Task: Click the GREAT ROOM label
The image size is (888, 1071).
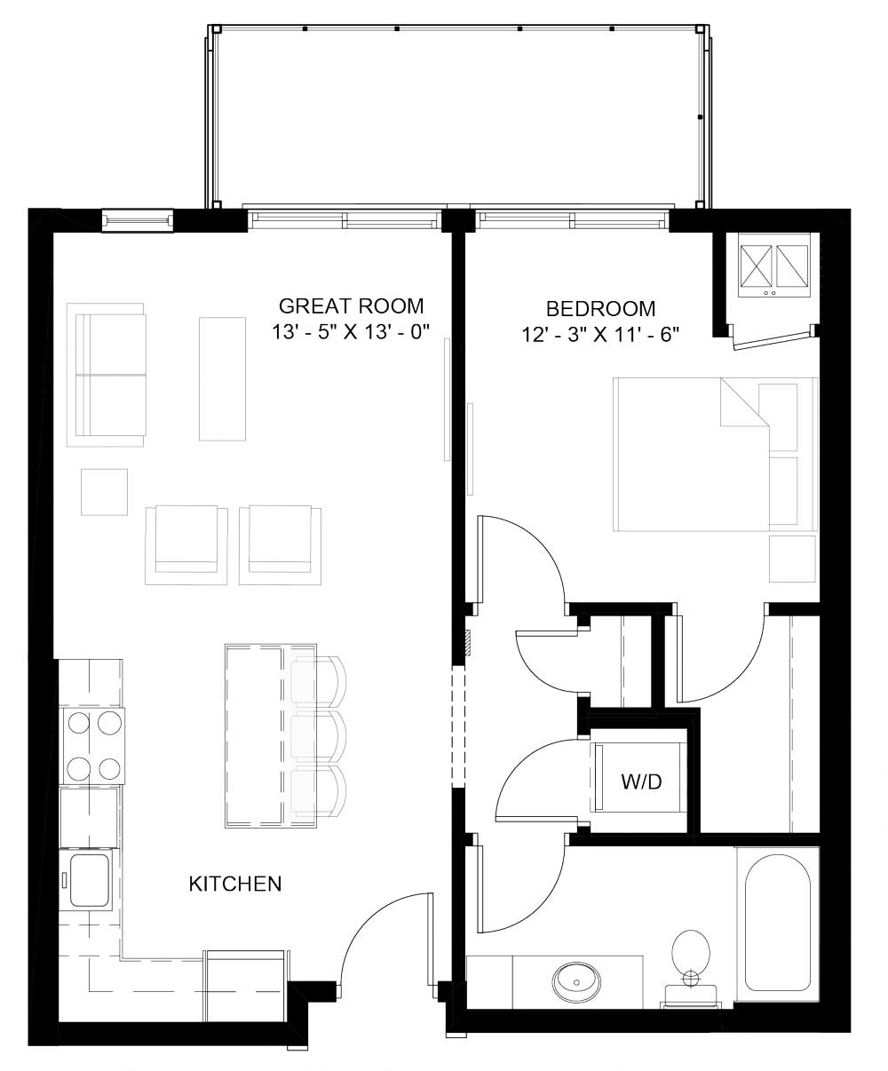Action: (351, 307)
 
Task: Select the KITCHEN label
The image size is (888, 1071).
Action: (235, 884)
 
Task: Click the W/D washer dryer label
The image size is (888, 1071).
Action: (641, 781)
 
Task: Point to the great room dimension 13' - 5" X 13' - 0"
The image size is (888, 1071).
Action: (351, 334)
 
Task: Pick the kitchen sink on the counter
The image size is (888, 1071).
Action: (88, 879)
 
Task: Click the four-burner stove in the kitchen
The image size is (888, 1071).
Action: (92, 746)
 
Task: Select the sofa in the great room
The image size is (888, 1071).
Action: (108, 374)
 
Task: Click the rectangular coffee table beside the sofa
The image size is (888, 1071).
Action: (221, 378)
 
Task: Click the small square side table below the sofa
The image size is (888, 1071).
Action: (104, 492)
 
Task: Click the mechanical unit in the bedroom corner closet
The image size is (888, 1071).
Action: (769, 265)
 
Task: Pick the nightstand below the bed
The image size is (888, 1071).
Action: (792, 559)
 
